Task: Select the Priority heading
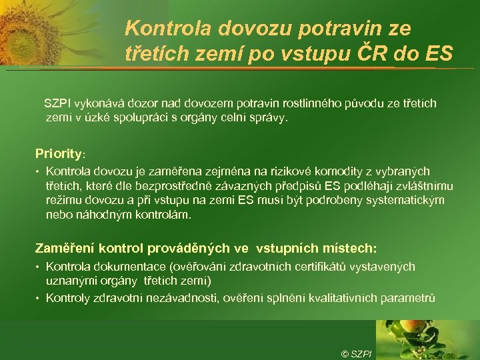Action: pos(59,153)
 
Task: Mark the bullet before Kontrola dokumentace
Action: pos(39,267)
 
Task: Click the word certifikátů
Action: pos(314,267)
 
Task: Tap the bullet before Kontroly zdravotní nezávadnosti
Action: pos(39,298)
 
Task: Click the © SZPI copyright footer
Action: pos(356,353)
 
